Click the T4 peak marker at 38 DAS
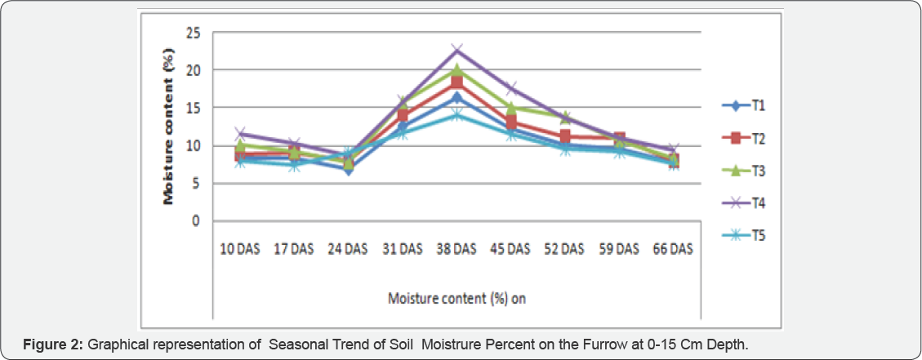(457, 51)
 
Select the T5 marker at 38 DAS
(457, 114)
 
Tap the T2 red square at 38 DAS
(457, 82)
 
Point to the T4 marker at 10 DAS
(239, 133)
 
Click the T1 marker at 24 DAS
(348, 169)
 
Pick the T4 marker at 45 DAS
(511, 88)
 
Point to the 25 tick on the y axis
(194, 33)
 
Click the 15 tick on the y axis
(194, 108)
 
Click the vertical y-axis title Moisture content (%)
(170, 127)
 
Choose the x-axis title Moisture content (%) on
(456, 298)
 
